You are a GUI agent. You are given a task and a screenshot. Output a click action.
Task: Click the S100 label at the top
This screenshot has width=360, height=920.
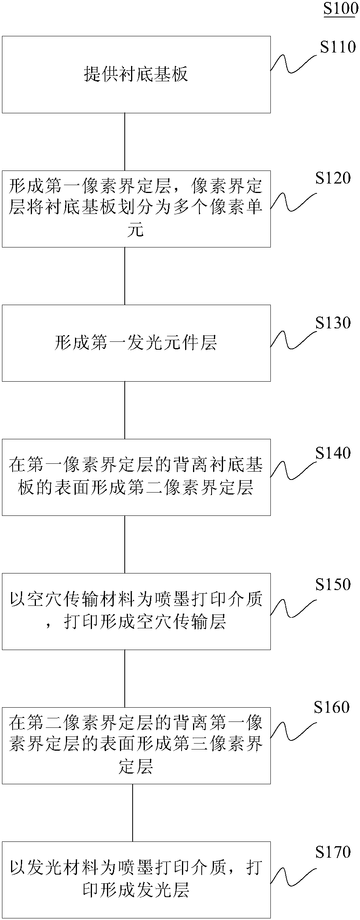click(x=340, y=8)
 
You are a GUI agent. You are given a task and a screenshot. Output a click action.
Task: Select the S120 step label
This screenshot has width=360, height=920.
click(x=333, y=178)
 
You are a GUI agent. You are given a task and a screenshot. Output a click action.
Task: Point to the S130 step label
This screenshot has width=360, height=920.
click(x=333, y=323)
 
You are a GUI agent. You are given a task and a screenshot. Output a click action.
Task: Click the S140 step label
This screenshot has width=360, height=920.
click(x=333, y=453)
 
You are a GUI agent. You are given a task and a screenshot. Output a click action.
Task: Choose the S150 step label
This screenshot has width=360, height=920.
click(x=333, y=584)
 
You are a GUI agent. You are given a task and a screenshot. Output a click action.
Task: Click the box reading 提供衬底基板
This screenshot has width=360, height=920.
click(x=136, y=75)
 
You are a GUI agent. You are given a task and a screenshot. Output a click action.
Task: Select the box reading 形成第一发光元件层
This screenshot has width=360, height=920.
click(x=136, y=343)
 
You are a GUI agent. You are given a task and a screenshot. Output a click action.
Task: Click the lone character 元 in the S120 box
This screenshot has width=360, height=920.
click(x=135, y=230)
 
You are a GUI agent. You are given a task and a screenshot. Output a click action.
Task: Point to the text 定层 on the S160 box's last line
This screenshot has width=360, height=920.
click(x=135, y=766)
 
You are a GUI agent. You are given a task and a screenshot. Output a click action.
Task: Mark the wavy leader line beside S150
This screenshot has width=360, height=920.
click(x=293, y=608)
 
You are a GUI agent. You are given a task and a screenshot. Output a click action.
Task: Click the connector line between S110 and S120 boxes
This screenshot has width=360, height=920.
click(x=125, y=142)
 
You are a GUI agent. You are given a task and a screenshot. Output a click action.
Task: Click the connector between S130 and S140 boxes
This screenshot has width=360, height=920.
click(x=125, y=410)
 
